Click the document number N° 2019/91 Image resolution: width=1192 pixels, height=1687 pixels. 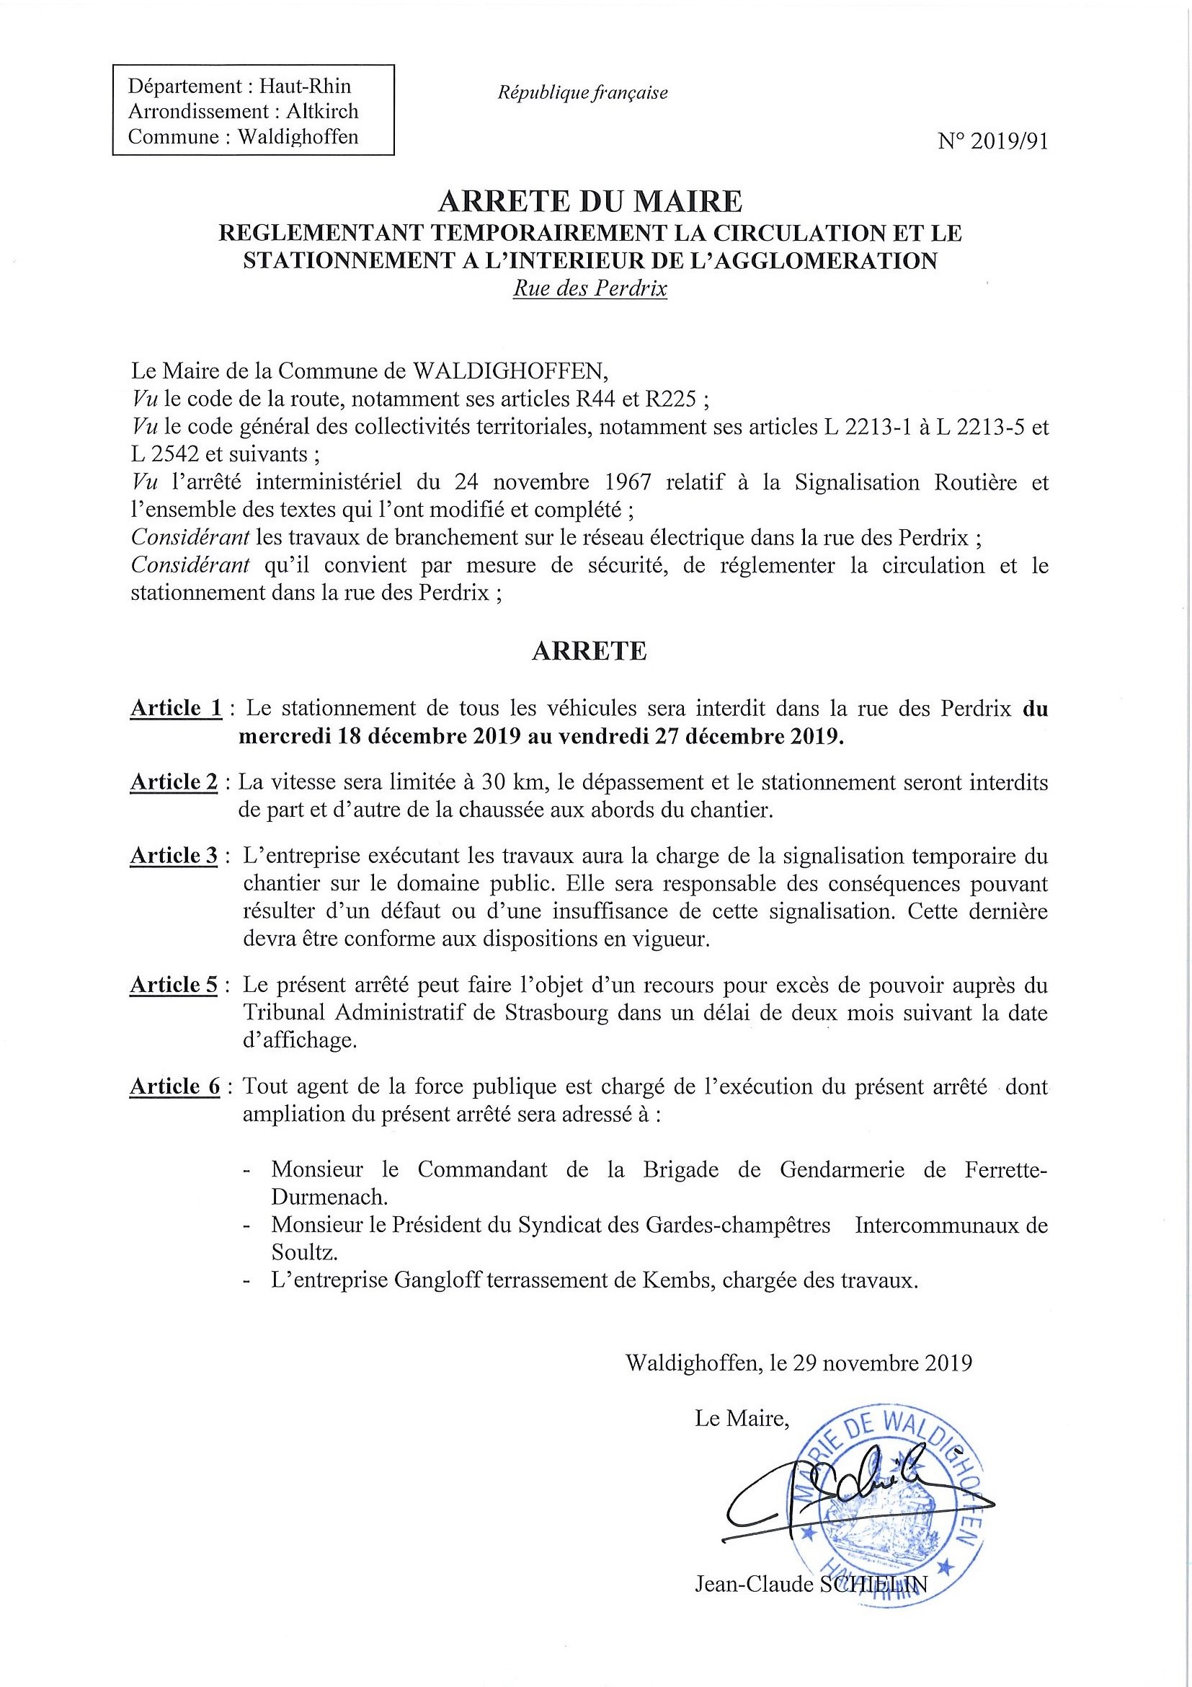tap(992, 141)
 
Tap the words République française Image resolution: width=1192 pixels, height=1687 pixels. tap(582, 93)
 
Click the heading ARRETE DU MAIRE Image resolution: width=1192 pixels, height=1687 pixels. tap(590, 200)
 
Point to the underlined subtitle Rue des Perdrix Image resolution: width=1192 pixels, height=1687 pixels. tap(590, 288)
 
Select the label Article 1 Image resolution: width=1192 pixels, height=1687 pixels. tap(177, 708)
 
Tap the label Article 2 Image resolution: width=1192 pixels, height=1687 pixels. tap(175, 782)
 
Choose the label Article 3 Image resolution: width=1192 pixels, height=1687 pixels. tap(175, 856)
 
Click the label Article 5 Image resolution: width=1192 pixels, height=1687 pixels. tap(175, 986)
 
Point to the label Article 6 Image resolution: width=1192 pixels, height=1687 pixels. tap(175, 1086)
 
